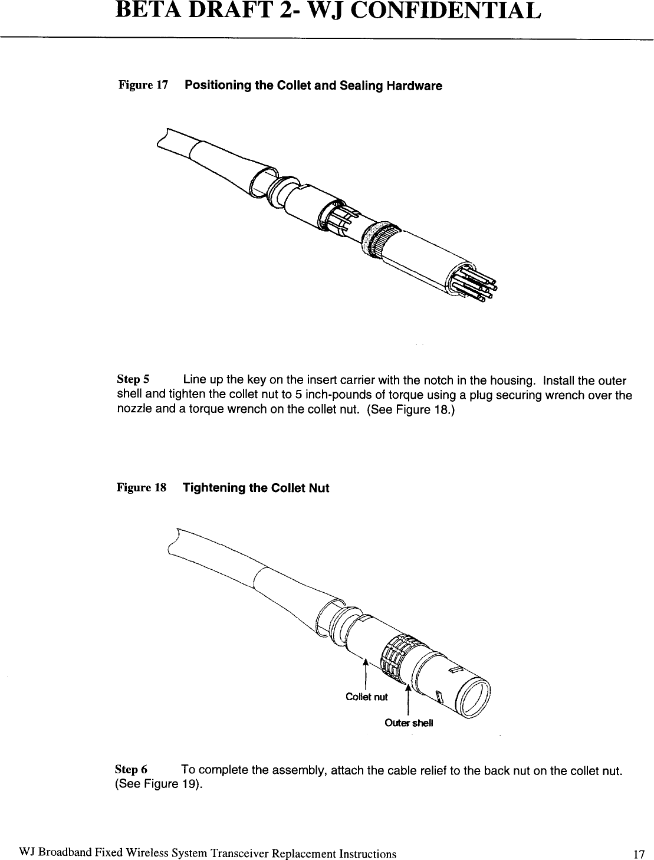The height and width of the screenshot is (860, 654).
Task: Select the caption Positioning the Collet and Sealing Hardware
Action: tap(313, 86)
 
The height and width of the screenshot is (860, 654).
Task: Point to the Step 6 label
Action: tap(130, 770)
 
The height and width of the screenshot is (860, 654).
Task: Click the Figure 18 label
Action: tap(142, 488)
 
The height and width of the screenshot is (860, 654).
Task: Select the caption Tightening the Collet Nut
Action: tap(256, 488)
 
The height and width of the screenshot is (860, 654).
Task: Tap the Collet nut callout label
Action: tap(366, 697)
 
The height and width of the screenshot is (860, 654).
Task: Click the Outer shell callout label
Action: tap(409, 723)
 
